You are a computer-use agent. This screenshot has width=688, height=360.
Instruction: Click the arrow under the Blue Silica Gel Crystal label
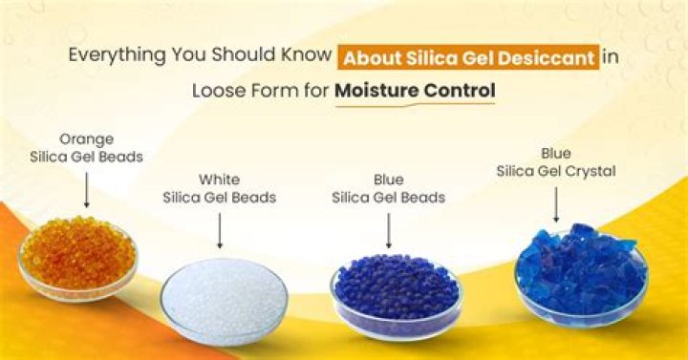[555, 203]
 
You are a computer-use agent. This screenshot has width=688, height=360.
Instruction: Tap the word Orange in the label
[86, 138]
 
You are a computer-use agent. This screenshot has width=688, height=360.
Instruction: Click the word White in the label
[219, 179]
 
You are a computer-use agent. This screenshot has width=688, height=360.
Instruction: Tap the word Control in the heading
[457, 93]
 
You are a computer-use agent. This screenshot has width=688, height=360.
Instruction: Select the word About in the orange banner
[371, 56]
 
